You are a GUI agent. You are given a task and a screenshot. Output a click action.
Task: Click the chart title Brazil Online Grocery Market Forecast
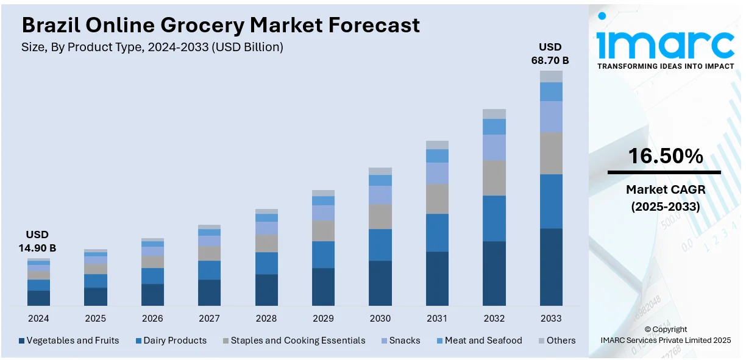coord(221,25)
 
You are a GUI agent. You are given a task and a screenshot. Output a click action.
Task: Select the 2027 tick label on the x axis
coord(209,319)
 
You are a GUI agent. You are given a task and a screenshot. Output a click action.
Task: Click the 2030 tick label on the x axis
coord(380,319)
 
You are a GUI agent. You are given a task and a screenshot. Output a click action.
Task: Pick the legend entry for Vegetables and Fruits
coord(69,341)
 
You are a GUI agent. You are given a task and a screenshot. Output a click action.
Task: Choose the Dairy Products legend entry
coord(171,341)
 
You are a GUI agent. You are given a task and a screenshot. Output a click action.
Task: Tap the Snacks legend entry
coord(400,341)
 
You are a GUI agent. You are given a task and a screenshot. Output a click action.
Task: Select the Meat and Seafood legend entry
coord(478,341)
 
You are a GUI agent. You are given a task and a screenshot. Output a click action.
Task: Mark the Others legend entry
coord(556,341)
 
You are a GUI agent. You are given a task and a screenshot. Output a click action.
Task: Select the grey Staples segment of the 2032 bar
coord(494,178)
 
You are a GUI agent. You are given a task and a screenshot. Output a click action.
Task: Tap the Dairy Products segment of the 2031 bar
coord(437,233)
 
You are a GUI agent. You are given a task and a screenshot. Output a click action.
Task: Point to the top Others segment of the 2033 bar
coord(551,76)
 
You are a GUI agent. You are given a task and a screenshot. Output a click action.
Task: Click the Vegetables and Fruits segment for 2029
coord(323,286)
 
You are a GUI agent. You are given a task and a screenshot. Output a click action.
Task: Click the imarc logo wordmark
coord(666,44)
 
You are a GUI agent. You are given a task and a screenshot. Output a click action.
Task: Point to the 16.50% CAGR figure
coord(666,157)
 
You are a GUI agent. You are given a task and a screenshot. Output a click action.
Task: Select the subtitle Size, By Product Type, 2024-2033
coord(152,47)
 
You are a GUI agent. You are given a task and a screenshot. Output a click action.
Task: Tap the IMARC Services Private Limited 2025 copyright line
coord(666,340)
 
